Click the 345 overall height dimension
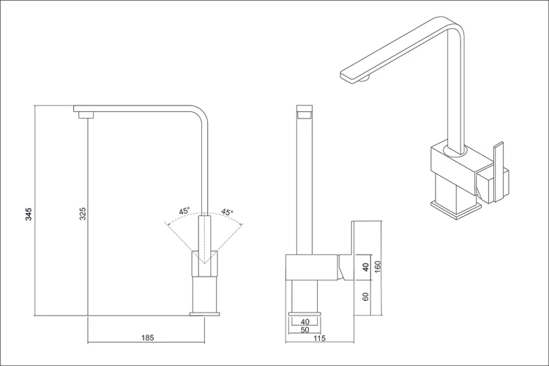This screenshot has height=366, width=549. point(29,214)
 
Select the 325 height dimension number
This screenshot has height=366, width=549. point(83,214)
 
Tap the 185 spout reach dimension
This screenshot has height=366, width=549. point(147,338)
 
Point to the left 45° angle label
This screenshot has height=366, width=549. point(184,211)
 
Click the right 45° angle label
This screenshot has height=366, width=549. point(227,212)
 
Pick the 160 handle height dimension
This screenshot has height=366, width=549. point(377,268)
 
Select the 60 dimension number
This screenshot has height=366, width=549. point(365,296)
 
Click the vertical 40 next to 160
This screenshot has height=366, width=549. point(365,267)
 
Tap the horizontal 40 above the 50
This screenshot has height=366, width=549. point(305,321)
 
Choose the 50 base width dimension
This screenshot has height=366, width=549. point(305,329)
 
